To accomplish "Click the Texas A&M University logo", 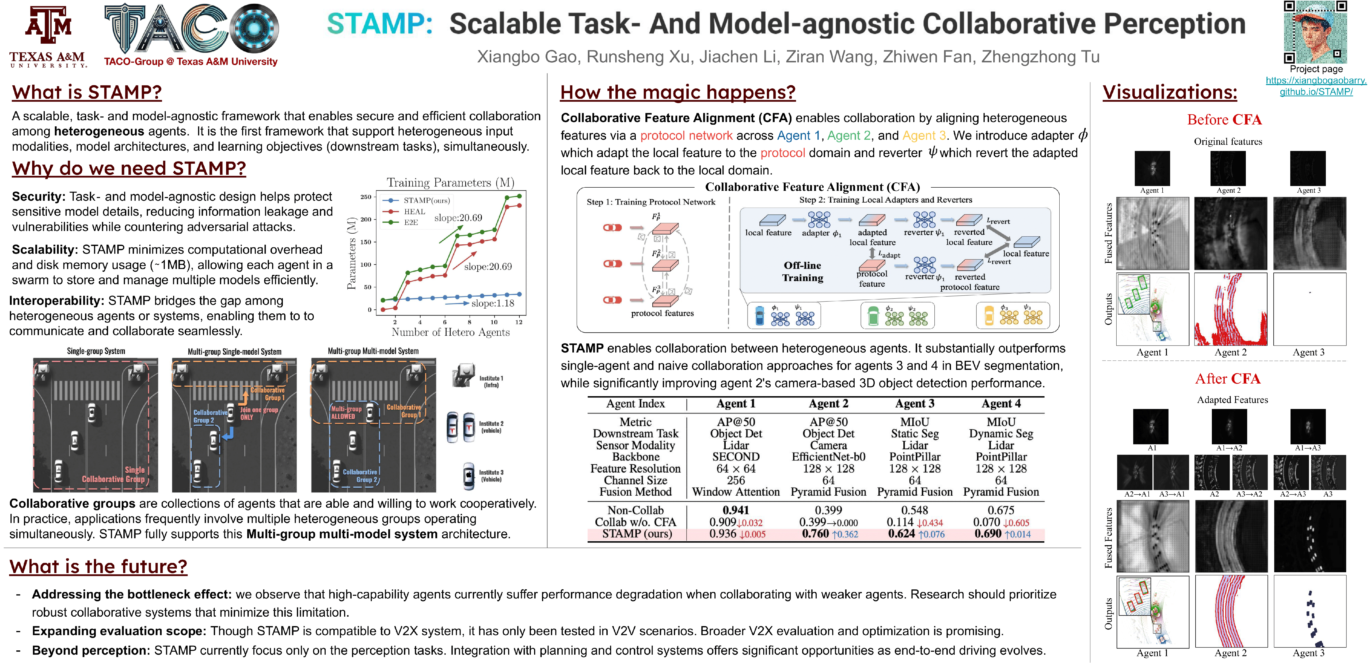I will (48, 36).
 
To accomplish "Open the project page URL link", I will (1316, 86).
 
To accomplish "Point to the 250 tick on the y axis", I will (366, 197).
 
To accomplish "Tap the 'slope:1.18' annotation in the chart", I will (492, 303).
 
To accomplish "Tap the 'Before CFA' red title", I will (1224, 120).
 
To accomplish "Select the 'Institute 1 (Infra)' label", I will (491, 381).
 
